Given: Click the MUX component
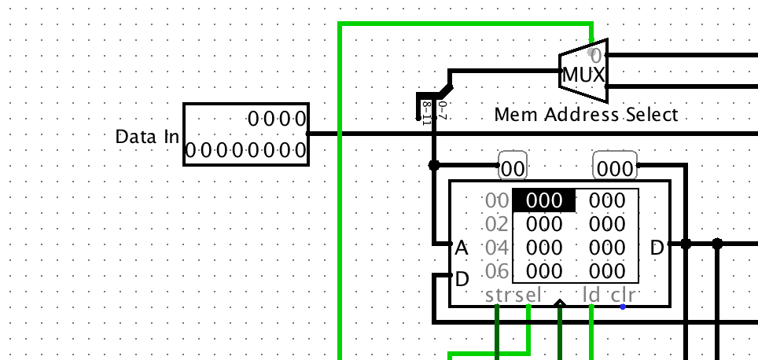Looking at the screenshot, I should [x=583, y=75].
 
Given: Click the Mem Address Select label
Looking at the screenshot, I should [x=585, y=115].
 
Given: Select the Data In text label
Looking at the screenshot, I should [x=147, y=137].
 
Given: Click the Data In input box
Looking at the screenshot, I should [x=246, y=134].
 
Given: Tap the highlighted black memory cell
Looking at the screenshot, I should [x=543, y=200].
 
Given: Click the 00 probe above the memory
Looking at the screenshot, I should [x=513, y=168].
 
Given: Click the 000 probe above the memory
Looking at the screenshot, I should [x=614, y=168].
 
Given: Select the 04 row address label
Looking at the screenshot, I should [x=498, y=248].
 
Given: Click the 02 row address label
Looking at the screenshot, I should [x=498, y=224].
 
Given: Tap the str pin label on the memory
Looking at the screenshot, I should [x=497, y=296].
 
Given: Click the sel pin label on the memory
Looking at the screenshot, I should [x=528, y=296].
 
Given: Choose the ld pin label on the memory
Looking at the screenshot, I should [x=591, y=296].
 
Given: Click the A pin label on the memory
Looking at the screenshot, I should [x=462, y=248].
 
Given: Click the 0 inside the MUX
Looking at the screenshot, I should [x=595, y=56].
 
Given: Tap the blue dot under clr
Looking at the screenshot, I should [x=623, y=307].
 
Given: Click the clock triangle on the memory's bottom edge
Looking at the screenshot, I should [x=560, y=303].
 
